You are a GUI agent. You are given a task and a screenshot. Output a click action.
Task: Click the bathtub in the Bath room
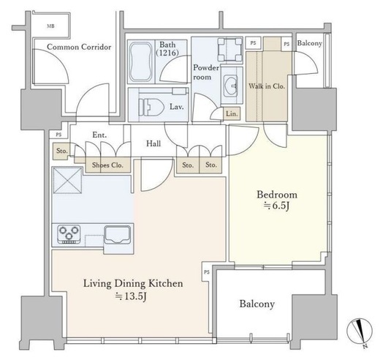[x=141, y=62]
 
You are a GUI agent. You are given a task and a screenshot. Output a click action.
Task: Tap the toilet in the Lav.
[x=151, y=107]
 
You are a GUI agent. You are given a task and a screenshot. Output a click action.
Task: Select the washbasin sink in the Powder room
[x=230, y=85]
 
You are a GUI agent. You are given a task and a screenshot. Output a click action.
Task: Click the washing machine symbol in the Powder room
[x=230, y=50]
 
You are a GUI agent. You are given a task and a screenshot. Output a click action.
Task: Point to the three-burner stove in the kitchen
[x=69, y=234]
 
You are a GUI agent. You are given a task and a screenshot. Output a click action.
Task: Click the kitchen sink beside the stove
[x=117, y=235]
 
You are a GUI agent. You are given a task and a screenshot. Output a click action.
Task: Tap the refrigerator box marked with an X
[x=67, y=180]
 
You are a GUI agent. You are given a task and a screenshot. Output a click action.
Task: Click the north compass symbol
[x=360, y=332]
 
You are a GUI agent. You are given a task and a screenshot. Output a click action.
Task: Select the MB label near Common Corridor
[x=50, y=26]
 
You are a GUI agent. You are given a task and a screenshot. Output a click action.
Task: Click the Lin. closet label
[x=232, y=114]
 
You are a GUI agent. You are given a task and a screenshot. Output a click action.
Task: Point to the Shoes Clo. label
[x=107, y=165]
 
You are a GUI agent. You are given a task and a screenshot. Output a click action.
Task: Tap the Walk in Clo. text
[x=267, y=86]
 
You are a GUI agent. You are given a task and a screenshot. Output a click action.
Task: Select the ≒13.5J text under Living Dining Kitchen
[x=131, y=296]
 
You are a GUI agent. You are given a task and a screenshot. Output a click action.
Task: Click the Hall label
[x=153, y=143]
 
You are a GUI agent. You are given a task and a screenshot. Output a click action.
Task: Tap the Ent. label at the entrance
[x=99, y=135]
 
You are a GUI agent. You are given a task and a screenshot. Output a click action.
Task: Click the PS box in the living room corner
[x=207, y=272]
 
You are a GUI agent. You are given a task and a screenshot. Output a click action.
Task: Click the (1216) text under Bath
[x=167, y=53]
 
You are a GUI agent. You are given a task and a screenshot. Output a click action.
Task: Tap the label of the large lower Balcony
[x=257, y=304]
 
